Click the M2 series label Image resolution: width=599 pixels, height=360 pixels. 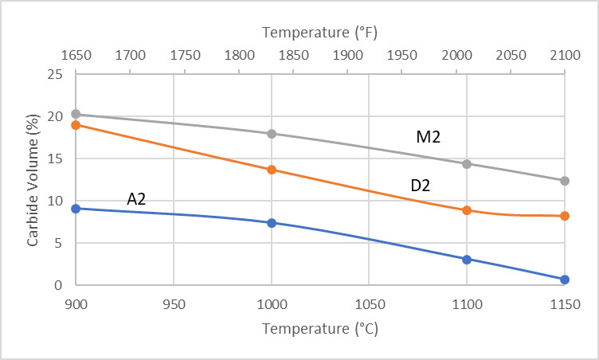pos(429,138)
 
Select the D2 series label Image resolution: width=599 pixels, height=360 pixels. pos(421,186)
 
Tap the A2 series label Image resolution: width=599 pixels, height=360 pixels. pos(137,199)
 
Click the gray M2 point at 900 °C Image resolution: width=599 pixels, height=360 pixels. pos(76,114)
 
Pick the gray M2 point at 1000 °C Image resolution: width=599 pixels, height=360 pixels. pos(272,134)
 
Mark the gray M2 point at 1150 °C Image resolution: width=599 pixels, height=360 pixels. pos(565,181)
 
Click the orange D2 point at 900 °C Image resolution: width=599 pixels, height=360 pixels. pos(76,125)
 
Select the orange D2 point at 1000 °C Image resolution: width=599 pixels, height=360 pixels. pos(272,170)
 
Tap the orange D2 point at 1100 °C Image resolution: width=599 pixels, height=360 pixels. pos(467,210)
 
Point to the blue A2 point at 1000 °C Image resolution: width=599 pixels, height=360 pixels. pos(272,223)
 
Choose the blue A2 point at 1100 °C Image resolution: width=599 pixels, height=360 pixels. pos(467,259)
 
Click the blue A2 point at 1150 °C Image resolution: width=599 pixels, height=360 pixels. pos(565,280)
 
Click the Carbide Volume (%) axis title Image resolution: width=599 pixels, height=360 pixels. pos(33,179)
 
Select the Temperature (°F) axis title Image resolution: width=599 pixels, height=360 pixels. pos(319,33)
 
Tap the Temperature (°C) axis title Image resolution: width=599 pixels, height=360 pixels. pos(319,328)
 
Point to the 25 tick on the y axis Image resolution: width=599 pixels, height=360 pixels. pos(56,74)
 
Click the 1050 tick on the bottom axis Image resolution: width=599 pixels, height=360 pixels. pos(369,303)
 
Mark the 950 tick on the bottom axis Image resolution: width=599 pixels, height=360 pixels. pos(174,303)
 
